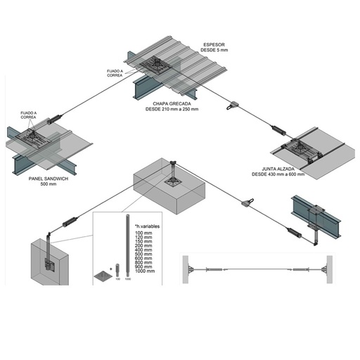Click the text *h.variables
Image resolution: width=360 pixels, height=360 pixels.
point(148,224)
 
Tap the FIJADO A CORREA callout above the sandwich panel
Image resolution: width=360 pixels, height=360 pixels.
point(30,115)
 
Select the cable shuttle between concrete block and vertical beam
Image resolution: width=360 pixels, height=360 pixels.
point(246,202)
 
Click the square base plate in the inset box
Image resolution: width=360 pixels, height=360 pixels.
point(105,275)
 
